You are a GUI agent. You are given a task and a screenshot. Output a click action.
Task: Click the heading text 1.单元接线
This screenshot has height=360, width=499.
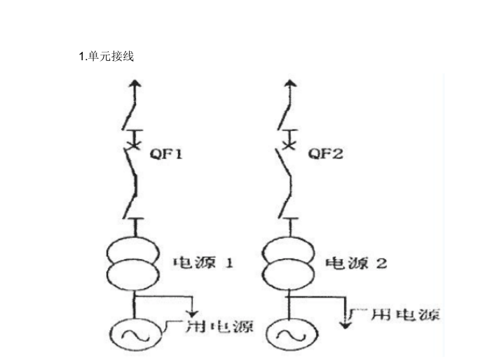pos(107,57)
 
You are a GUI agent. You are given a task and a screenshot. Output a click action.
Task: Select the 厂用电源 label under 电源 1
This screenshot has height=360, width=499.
pos(209,326)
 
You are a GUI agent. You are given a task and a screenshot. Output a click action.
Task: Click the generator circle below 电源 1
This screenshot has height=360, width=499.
pos(131,335)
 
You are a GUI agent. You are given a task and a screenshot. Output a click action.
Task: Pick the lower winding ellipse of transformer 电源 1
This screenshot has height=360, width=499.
pos(132,271)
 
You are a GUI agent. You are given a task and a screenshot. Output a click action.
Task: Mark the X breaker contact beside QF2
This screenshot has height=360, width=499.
pos(287,144)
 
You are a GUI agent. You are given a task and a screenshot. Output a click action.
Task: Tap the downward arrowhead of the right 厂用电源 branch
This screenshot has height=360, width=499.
pos(345,323)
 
